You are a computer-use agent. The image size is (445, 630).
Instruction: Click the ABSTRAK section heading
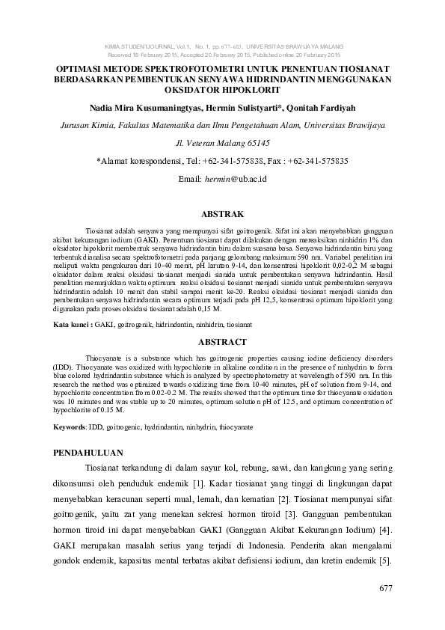pos(223,214)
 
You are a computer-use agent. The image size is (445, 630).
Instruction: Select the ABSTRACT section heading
pos(223,341)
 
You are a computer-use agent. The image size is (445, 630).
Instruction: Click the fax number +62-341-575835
pos(317,161)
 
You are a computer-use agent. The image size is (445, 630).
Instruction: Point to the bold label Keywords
pos(70,426)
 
